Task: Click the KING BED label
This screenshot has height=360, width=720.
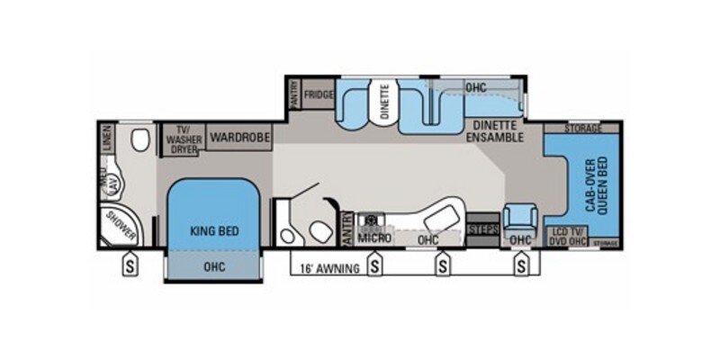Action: (215, 230)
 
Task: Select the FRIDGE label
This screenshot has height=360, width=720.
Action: (319, 94)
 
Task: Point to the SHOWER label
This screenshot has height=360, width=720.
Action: (121, 226)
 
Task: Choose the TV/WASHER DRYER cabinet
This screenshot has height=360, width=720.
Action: (184, 139)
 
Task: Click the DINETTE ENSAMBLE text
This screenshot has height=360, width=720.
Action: (494, 132)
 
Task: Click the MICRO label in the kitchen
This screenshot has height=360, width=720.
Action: (374, 238)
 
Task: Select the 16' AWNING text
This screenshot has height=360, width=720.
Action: (328, 268)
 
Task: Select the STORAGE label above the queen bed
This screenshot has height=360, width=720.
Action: (583, 130)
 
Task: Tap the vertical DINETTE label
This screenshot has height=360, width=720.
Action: (383, 100)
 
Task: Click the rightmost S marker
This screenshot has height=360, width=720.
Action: (521, 266)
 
